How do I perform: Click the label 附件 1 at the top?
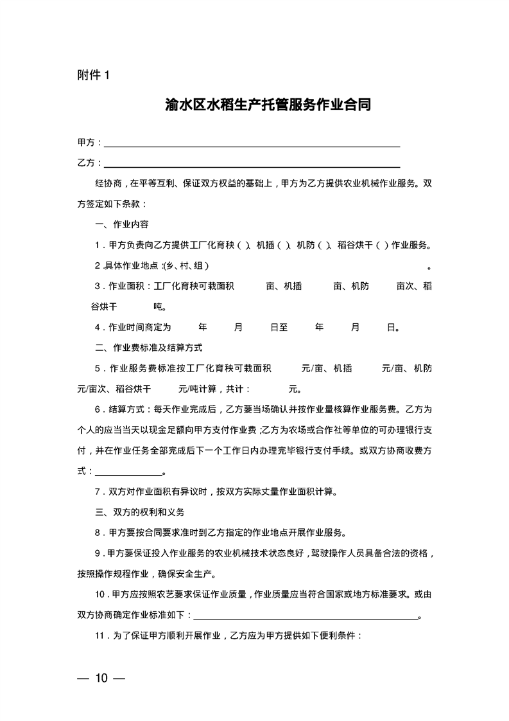click(x=94, y=75)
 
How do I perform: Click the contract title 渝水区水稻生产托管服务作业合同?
click(x=268, y=105)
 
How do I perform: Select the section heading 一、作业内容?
click(x=121, y=224)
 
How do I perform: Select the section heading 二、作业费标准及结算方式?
click(x=148, y=348)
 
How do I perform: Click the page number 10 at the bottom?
click(x=101, y=678)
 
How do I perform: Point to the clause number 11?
click(x=99, y=636)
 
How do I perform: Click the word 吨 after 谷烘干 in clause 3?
click(x=158, y=307)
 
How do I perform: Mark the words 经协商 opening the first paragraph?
click(x=108, y=183)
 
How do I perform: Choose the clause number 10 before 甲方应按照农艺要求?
click(x=99, y=594)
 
